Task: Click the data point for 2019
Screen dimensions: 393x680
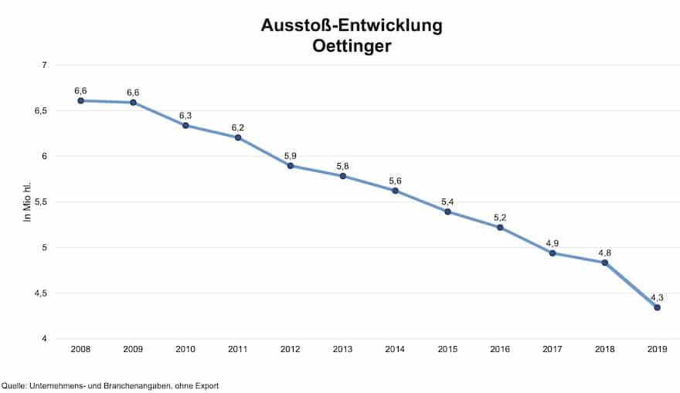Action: [657, 307]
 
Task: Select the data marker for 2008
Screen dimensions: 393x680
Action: [80, 100]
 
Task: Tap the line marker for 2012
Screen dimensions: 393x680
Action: [290, 165]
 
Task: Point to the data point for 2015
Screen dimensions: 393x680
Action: [447, 212]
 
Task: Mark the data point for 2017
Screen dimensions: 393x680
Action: [552, 253]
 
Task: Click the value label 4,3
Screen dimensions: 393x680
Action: [657, 297]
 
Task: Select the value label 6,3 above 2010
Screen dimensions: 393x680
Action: [185, 116]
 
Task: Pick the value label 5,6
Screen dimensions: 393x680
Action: [395, 181]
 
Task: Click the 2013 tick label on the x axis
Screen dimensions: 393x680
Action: [342, 350]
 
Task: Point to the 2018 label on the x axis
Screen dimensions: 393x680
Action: [604, 350]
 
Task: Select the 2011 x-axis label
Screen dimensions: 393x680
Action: [237, 350]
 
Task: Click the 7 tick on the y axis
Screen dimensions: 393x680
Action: [45, 65]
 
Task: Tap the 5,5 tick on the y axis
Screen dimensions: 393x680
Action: [39, 202]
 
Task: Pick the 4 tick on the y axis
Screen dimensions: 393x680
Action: [45, 339]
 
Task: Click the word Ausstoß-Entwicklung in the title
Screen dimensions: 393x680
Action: [352, 25]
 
